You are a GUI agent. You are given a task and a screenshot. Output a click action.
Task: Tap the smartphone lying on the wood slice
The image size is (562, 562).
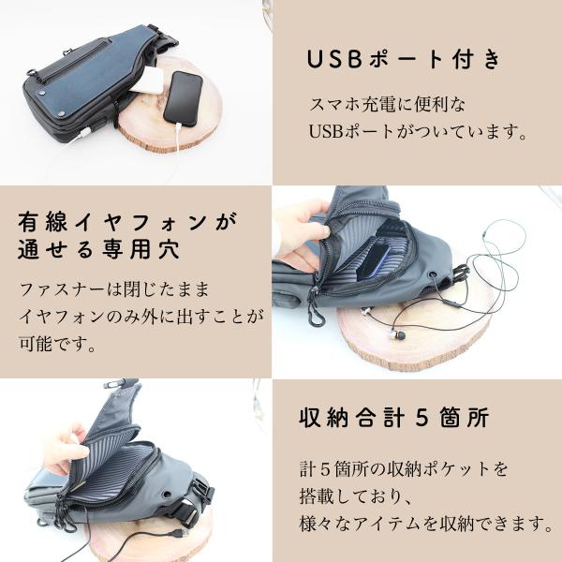click(x=184, y=98)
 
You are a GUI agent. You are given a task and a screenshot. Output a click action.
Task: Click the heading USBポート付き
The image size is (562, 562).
click(x=403, y=59)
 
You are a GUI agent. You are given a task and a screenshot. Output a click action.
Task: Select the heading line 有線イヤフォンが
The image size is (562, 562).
click(x=127, y=222)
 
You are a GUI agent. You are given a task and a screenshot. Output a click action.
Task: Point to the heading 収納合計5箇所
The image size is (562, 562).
click(x=394, y=417)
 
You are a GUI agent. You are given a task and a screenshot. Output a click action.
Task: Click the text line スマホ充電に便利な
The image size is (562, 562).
click(x=387, y=105)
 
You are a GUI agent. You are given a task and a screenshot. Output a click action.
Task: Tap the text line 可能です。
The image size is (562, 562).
click(x=57, y=344)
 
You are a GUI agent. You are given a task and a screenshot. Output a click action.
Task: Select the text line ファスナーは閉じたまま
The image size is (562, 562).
click(x=114, y=289)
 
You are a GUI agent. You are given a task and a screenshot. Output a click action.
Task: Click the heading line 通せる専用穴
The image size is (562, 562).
click(x=99, y=249)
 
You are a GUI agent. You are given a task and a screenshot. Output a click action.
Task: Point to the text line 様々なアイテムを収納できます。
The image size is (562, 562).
click(x=426, y=524)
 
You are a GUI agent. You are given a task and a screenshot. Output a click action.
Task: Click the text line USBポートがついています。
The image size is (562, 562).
click(x=418, y=131)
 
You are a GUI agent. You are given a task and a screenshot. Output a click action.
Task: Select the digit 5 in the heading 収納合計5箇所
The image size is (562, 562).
click(x=421, y=417)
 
